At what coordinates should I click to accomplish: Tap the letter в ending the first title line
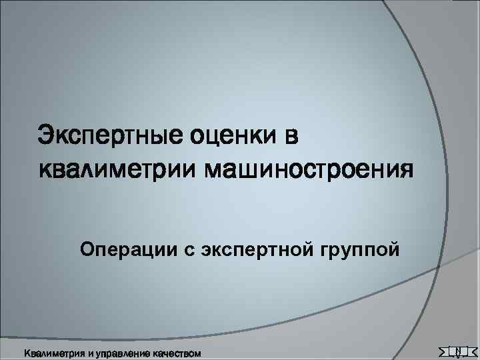coord(291,137)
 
